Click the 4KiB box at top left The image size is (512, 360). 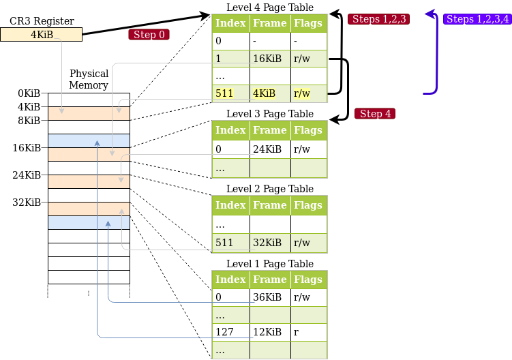tap(41, 34)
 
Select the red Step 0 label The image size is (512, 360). tap(149, 35)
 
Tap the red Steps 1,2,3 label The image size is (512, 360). tap(380, 19)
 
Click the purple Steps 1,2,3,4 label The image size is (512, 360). tap(477, 19)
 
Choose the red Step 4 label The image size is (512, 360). tap(375, 114)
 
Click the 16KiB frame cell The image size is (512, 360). tap(270, 59)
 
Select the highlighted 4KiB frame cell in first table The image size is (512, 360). tap(270, 93)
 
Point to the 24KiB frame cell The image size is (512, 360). tap(270, 149)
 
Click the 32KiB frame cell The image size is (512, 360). tap(270, 243)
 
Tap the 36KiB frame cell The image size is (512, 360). tap(270, 297)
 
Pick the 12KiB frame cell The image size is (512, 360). tap(270, 332)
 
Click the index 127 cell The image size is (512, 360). tap(231, 332)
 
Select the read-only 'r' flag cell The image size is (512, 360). tap(309, 332)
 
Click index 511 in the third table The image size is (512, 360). tap(231, 243)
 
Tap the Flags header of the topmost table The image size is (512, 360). tap(309, 23)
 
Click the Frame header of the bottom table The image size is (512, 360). tap(270, 280)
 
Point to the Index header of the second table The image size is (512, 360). tap(231, 130)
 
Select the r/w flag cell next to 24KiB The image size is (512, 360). tap(309, 149)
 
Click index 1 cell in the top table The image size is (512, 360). tap(231, 59)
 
